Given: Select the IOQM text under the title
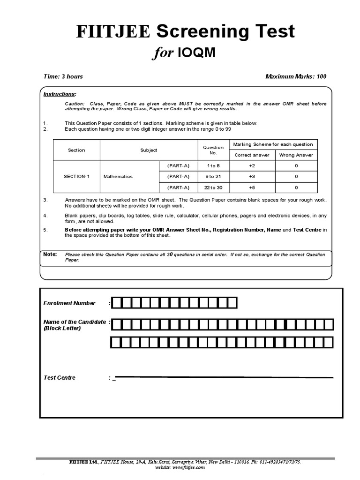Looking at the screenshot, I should tap(196, 53).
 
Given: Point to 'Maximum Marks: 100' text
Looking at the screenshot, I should tap(295, 76).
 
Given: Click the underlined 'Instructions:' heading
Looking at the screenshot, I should tap(60, 94).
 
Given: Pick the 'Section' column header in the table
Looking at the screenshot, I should tap(76, 150).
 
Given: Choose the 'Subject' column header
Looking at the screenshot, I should tap(149, 150).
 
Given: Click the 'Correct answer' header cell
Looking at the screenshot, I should tap(252, 155).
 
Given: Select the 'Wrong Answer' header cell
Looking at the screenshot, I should tap(296, 155).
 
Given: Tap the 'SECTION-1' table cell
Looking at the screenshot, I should tap(76, 177).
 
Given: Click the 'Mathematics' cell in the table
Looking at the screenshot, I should tap(118, 177).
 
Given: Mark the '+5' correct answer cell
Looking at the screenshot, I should tap(252, 187).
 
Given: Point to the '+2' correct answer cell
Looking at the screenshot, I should tap(252, 166).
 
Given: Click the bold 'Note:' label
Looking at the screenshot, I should tap(50, 255).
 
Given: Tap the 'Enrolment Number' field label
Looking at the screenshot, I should tap(69, 303).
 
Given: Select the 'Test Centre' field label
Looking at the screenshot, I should tap(59, 378).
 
